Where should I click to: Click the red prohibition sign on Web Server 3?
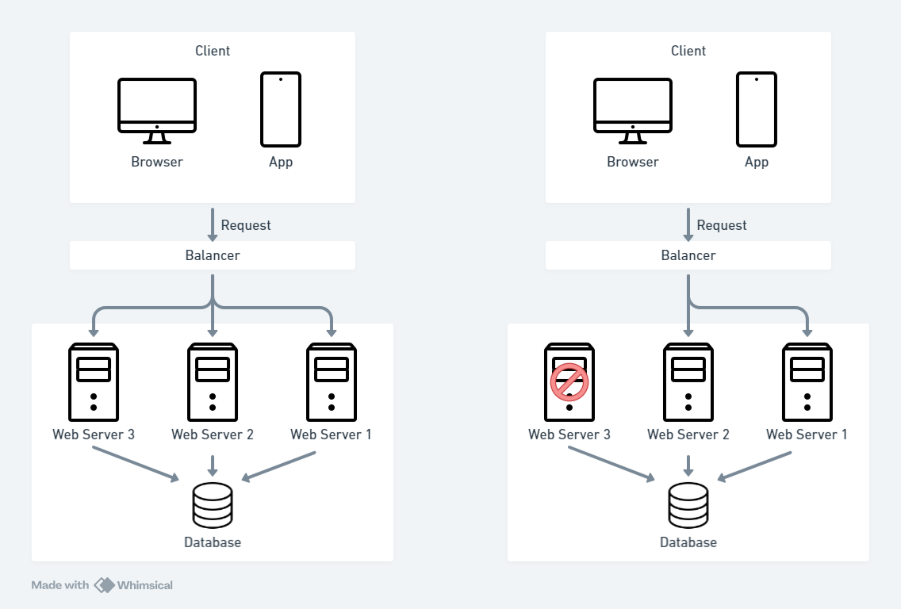pos(569,382)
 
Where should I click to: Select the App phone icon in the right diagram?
pos(756,109)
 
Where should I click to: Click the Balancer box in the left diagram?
pos(213,255)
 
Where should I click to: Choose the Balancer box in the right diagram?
pos(688,255)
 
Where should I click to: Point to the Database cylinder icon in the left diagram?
pos(213,505)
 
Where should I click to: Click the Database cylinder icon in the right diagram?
pos(688,505)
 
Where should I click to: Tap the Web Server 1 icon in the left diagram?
pos(332,382)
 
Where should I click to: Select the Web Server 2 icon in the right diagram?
pos(688,382)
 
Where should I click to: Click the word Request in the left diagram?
pos(246,225)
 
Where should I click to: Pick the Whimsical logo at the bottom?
pos(133,585)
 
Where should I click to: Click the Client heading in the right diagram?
pos(688,51)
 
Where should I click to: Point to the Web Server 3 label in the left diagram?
pos(94,435)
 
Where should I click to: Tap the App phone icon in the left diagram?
pos(281,109)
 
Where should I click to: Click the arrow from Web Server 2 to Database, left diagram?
pos(213,465)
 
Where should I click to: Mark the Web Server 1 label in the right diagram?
pos(807,435)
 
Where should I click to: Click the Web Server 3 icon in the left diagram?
pos(94,382)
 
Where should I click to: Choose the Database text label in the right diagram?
pos(688,542)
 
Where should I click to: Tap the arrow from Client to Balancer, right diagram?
pos(688,225)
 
